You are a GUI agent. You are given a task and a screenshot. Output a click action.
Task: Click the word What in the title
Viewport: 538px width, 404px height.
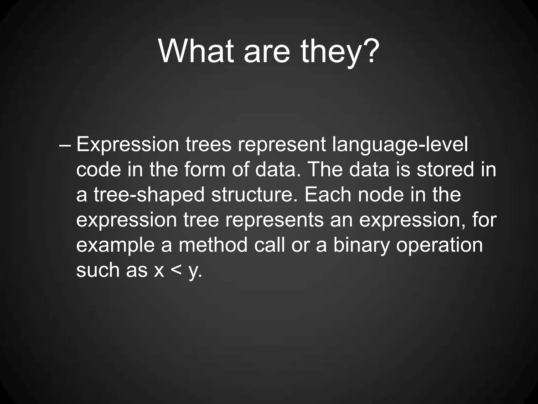196,51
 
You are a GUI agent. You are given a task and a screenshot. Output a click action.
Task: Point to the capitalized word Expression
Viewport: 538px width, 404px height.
128,145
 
